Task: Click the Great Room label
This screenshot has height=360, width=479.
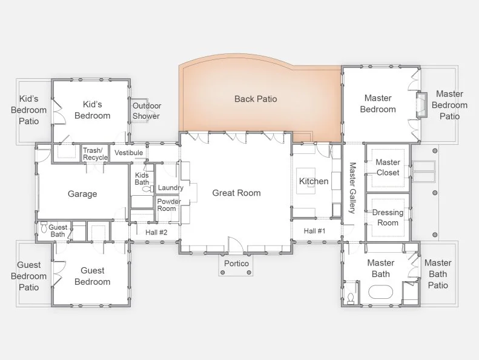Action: [x=236, y=193]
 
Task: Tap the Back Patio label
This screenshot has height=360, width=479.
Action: [x=256, y=99]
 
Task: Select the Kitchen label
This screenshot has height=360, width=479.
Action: [x=314, y=181]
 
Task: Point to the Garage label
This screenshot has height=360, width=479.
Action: [x=82, y=194]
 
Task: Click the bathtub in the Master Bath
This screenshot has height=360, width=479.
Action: [x=380, y=292]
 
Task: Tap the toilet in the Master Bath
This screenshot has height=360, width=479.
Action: [x=351, y=298]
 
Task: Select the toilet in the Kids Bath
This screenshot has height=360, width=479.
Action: [x=148, y=189]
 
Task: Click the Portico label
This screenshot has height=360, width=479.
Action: [x=236, y=264]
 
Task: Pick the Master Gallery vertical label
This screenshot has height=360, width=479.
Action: [x=352, y=188]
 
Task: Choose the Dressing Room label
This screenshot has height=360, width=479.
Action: [x=388, y=218]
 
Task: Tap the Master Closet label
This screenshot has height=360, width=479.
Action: [x=388, y=167]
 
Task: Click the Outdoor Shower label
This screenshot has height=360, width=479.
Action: [x=147, y=111]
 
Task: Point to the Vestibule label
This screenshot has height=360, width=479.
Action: [x=128, y=153]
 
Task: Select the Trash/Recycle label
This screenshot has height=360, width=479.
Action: [x=95, y=154]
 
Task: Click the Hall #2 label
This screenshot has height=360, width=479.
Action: [x=156, y=233]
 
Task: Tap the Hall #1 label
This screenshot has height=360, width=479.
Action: [x=314, y=231]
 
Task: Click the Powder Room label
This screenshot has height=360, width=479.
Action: [x=169, y=205]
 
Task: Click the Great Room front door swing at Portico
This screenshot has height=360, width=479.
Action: [x=236, y=245]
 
